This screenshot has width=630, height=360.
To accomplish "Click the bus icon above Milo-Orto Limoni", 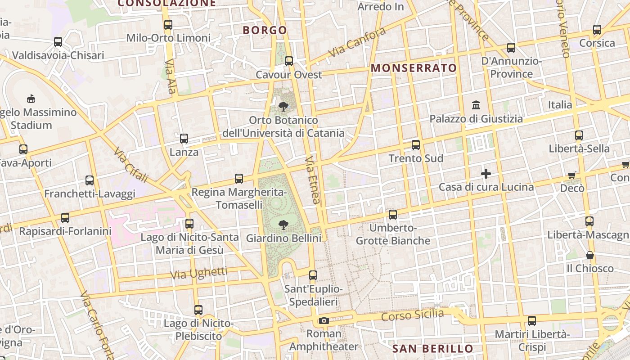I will pos(168,25).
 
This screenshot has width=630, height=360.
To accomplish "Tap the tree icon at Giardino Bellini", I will pos(283,224).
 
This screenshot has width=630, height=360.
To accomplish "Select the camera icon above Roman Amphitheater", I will pos(324,320).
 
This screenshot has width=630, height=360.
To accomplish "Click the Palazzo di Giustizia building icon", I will pos(476,105).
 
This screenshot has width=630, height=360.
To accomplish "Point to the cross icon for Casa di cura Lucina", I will pos(486,174).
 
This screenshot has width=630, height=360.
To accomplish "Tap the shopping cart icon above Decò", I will pos(572,175).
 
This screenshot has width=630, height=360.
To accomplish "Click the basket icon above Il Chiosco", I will pos(589,256).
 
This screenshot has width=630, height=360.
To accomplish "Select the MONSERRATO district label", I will pos(414,68).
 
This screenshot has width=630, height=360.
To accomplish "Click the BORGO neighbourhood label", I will pos(265,30).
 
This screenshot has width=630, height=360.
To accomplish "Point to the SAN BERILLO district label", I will pos(433,349).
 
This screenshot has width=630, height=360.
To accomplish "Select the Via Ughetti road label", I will pos(198,273).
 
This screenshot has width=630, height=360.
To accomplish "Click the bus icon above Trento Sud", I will pos(416,145).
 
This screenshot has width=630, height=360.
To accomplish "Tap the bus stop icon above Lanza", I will pos(184,139).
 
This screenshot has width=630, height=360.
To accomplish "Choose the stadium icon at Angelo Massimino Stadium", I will pos(31,98).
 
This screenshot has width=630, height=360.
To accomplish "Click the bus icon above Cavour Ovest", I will pos(289,61).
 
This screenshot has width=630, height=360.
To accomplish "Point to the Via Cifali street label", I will pos(131,165).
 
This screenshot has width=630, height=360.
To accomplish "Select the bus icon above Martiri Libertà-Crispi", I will pos(532,321).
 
